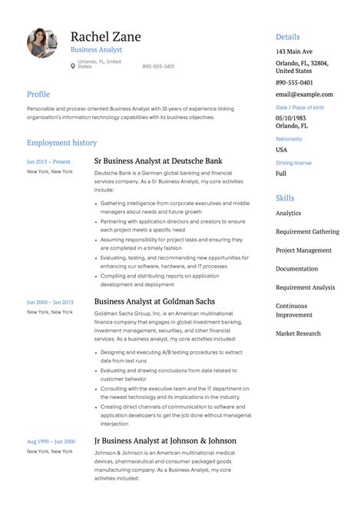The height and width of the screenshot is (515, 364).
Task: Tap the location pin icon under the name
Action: coord(73,66)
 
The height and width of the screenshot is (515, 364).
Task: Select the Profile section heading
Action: coord(38,94)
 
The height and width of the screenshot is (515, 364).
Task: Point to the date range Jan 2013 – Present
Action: coord(48,161)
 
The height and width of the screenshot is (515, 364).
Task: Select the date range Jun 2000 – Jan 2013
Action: coord(51,301)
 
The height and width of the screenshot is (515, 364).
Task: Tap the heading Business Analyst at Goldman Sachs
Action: coord(154,301)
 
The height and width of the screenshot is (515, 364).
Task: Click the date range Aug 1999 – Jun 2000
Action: coord(51,441)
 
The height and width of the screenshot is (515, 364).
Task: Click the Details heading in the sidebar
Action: coord(288,37)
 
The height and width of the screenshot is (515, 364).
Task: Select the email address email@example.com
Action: coord(305,94)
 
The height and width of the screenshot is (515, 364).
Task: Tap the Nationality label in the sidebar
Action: coord(289,139)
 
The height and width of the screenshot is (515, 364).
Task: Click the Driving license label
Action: coord(293,163)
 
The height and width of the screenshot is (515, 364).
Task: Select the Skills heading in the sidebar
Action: coord(285,198)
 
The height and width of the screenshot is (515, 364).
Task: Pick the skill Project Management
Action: coord(303,250)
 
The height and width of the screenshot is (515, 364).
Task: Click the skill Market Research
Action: coord(299,333)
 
